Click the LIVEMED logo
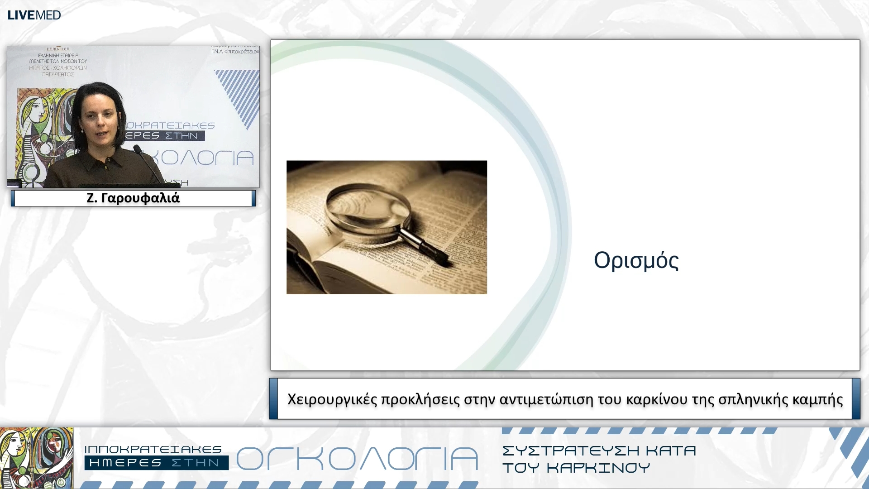coord(34,15)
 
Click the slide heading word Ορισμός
coord(636,261)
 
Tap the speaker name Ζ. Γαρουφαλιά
coord(133,198)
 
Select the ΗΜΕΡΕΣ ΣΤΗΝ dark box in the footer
coord(156,463)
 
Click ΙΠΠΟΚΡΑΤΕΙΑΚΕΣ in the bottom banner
coord(153,449)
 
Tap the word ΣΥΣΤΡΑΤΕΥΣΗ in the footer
coord(571,451)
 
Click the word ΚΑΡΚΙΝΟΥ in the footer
coord(598,468)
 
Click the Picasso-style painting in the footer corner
coord(36,457)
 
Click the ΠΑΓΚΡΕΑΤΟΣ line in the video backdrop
coord(57,74)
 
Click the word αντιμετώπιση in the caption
coord(546,399)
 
